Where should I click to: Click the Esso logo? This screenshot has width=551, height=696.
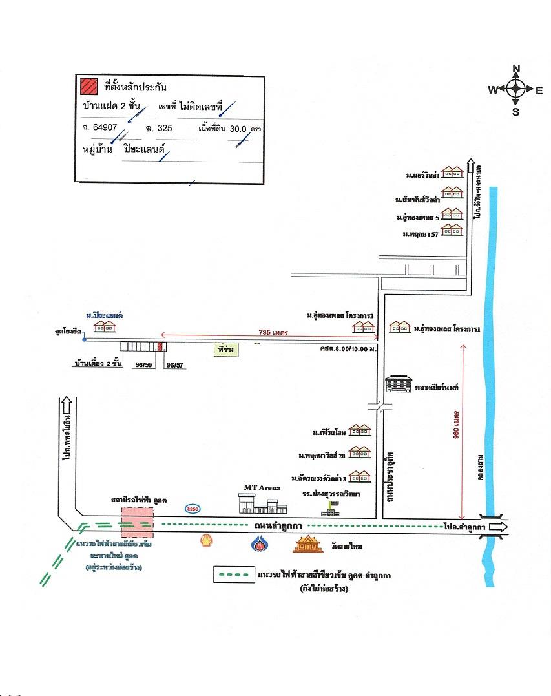pyautogui.click(x=192, y=508)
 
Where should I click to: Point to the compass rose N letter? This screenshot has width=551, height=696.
pyautogui.click(x=516, y=69)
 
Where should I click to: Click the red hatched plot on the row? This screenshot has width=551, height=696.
pyautogui.click(x=160, y=346)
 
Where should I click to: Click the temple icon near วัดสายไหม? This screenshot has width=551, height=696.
pyautogui.click(x=308, y=545)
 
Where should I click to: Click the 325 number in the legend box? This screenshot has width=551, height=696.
pyautogui.click(x=165, y=129)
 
